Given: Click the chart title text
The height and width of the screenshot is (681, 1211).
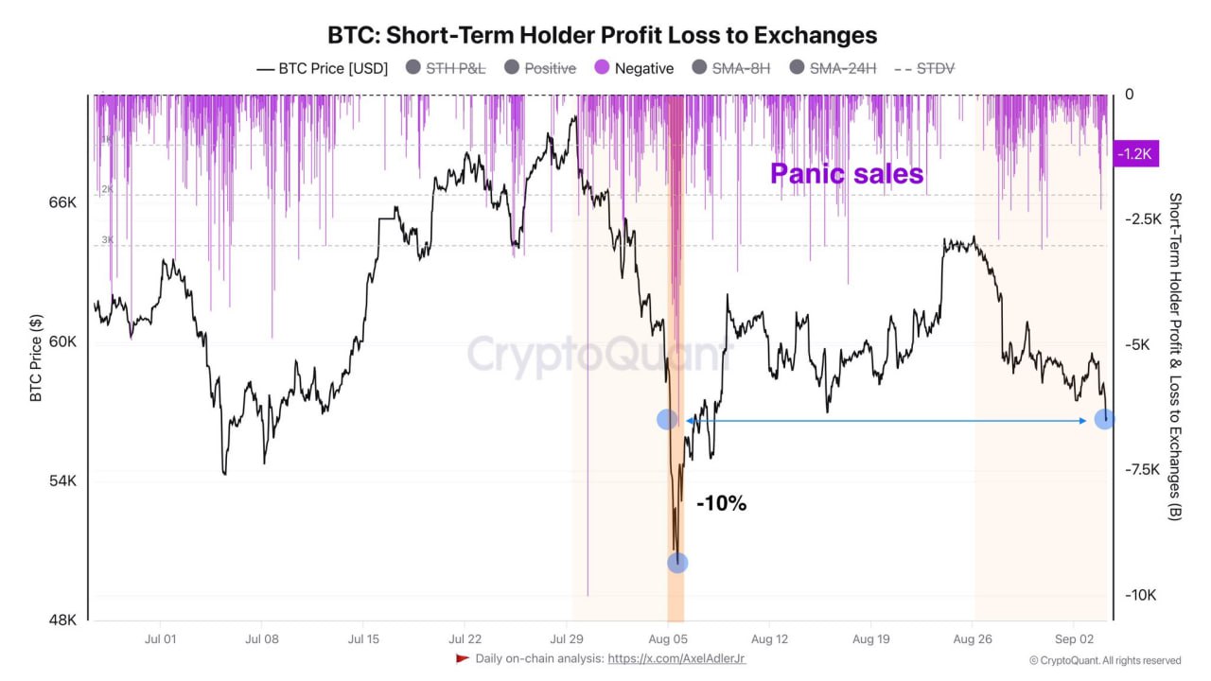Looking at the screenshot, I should pyautogui.click(x=602, y=35).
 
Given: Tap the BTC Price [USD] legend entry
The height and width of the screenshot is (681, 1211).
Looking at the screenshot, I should pyautogui.click(x=322, y=68).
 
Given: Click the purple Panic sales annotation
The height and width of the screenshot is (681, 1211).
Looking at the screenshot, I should pyautogui.click(x=846, y=173).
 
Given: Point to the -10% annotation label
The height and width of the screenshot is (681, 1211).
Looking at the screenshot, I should pyautogui.click(x=721, y=504).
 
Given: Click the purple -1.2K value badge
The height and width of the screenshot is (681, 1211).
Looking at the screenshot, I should pyautogui.click(x=1136, y=153).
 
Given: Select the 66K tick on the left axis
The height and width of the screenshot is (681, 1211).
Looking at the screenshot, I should pyautogui.click(x=62, y=203).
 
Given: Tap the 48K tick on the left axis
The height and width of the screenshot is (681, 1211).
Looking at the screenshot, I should pyautogui.click(x=62, y=620).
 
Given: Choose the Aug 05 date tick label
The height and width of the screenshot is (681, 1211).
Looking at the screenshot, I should pyautogui.click(x=668, y=638).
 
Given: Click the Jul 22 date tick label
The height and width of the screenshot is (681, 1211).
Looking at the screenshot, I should pyautogui.click(x=465, y=638).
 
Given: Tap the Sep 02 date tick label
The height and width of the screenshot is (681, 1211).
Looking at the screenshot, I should pyautogui.click(x=1075, y=638).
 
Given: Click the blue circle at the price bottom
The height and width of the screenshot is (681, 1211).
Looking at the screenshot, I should pyautogui.click(x=677, y=563).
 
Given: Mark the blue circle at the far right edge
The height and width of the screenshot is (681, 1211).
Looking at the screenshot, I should pyautogui.click(x=1104, y=418).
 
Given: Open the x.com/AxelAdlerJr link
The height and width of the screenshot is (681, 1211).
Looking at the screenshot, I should pyautogui.click(x=676, y=658).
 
